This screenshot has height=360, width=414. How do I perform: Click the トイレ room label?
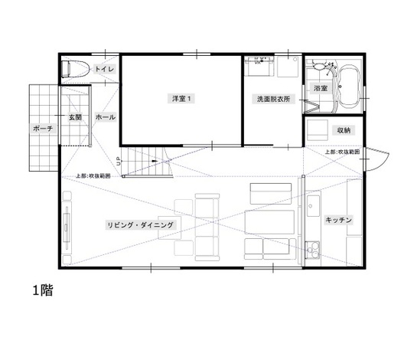[x=105, y=70]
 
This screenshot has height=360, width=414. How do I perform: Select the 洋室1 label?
[x=179, y=98]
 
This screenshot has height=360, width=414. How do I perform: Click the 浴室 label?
[x=321, y=89]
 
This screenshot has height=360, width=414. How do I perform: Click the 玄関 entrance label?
[x=75, y=117]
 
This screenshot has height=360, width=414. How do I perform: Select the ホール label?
[x=105, y=117]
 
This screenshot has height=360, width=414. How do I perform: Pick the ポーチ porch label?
[x=44, y=128]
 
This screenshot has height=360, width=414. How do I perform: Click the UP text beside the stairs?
[x=119, y=161]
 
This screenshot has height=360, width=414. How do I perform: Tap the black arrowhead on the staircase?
[x=155, y=161]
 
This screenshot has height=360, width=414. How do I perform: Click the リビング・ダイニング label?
[x=142, y=224]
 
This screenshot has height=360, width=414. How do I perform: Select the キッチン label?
[x=338, y=220]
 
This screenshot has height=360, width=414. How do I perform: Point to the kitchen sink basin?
[x=313, y=205]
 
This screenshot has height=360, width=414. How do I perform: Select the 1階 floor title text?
[x=42, y=291]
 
